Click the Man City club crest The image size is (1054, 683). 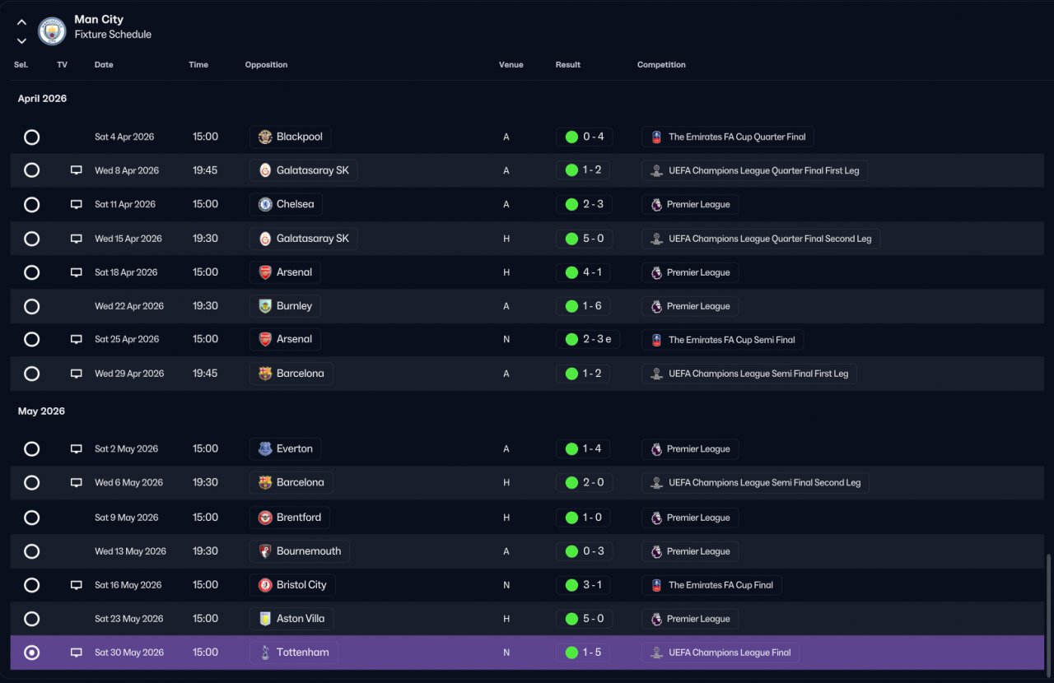[52, 31]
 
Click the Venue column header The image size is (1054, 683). [511, 65]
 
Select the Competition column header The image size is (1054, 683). [661, 65]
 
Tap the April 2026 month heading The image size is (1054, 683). [42, 98]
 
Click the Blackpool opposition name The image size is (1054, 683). [299, 137]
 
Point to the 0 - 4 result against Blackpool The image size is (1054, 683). [594, 137]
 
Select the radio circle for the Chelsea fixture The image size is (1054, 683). [31, 205]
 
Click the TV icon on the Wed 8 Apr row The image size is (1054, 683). [77, 170]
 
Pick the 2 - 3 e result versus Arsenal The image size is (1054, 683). [597, 339]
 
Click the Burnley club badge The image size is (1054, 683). [265, 306]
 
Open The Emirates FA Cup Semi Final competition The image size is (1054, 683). [732, 340]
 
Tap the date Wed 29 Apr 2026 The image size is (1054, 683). [129, 374]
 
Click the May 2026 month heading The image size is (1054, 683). [41, 411]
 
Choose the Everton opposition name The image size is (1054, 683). [295, 448]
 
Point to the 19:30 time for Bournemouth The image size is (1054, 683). [205, 551]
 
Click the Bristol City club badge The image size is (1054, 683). [265, 585]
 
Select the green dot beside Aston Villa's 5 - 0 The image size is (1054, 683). [571, 619]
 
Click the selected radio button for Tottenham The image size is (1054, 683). [31, 653]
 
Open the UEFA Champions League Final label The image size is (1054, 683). [730, 653]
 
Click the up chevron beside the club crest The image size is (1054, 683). [21, 22]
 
